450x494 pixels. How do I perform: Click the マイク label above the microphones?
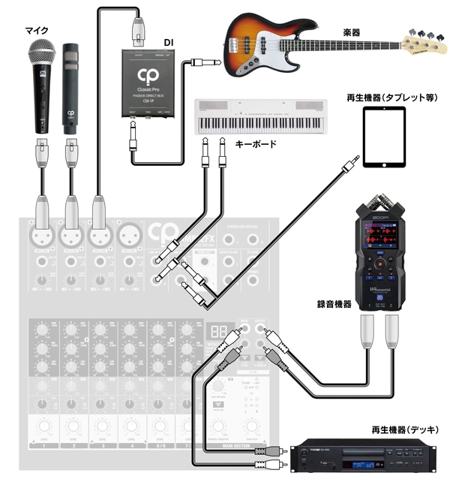click(37, 30)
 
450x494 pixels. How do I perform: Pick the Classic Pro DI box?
click(150, 83)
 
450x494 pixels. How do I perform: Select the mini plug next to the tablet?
click(346, 160)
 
